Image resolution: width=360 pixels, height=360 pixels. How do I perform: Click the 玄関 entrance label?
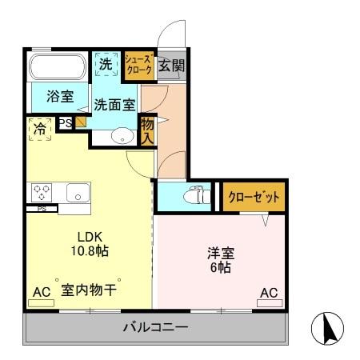point(170,66)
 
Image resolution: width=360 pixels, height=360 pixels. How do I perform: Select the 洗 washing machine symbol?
point(106,65)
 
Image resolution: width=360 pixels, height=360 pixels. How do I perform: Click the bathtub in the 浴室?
point(60,67)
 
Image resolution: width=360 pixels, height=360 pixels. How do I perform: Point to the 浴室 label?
point(59,97)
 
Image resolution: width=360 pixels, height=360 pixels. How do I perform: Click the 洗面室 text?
point(114,104)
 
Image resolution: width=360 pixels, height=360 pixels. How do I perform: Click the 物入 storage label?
point(147,130)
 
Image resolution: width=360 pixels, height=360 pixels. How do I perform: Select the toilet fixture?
point(194,194)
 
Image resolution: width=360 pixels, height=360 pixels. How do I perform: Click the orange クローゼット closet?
point(254,197)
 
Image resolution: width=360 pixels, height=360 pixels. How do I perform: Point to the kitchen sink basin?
point(78,192)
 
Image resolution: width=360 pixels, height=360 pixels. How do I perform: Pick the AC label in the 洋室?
point(269,293)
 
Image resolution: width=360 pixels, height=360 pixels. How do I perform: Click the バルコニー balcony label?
point(155,327)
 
